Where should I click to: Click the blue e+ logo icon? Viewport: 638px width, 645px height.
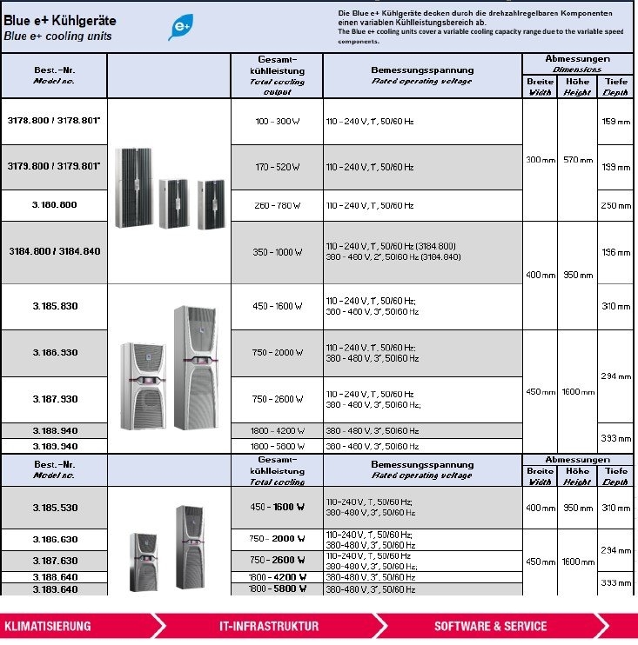coord(181,28)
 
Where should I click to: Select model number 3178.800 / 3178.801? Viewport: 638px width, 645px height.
coord(54,121)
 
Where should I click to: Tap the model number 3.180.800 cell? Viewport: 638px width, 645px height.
coord(54,205)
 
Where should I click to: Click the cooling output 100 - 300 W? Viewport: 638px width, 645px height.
coord(278,121)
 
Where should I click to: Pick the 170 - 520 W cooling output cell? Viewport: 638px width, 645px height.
coord(278,166)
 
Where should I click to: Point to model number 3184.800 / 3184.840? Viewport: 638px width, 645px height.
coord(54,252)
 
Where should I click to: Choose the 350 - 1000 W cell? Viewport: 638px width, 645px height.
coord(278,252)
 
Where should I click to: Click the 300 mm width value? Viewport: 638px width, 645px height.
coord(540,159)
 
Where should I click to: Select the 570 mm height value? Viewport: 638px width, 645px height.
coord(577,159)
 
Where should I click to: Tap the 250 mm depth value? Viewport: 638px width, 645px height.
coord(616,205)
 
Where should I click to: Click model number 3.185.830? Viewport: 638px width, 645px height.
coord(54,306)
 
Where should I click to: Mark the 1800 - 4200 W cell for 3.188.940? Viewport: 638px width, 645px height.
coord(278,430)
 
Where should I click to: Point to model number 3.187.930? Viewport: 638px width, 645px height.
coord(54,399)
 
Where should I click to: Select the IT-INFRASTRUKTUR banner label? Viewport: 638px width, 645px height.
coord(269,626)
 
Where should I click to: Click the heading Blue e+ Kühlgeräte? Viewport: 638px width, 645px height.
coord(60,20)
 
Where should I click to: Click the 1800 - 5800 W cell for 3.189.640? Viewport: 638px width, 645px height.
coord(278,588)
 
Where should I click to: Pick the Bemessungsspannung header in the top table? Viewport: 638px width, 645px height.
coord(422,70)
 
